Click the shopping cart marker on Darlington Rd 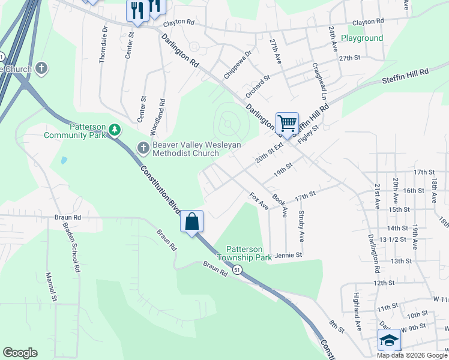click(287, 124)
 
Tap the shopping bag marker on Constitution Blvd click(192, 221)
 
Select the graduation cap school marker click(389, 340)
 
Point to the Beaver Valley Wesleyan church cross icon click(143, 147)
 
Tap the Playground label click(362, 38)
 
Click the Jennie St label click(288, 256)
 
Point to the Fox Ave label click(259, 200)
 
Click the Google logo click(20, 353)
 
